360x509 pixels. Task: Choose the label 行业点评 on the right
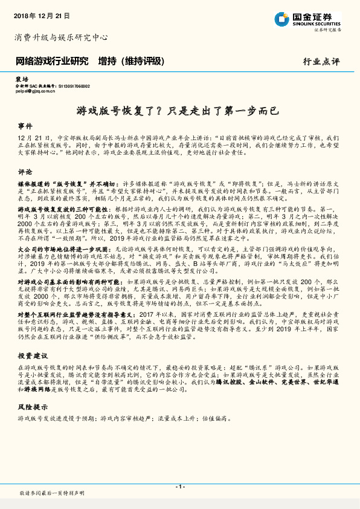pyautogui.click(x=321, y=62)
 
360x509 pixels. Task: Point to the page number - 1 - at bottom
pyautogui.click(x=179, y=487)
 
